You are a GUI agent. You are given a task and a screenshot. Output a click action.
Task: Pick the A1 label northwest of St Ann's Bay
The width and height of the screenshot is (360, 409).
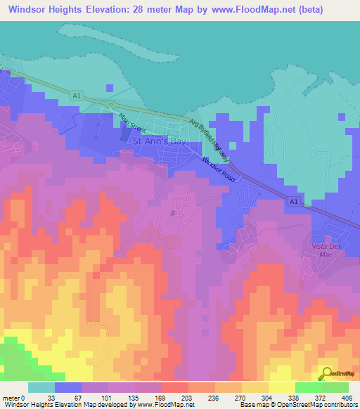(76, 93)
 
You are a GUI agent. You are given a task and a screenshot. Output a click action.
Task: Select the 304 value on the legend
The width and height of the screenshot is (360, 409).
(268, 397)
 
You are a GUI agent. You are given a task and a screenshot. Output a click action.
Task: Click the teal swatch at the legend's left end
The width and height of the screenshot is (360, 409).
(41, 387)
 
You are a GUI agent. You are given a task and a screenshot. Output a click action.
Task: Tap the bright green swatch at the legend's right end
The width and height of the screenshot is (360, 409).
(335, 387)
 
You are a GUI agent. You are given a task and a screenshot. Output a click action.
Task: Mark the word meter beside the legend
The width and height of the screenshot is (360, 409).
(11, 397)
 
